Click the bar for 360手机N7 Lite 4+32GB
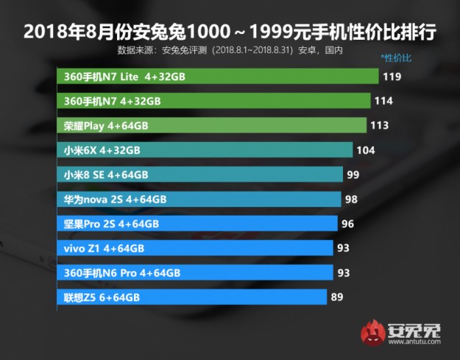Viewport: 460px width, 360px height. (x=217, y=76)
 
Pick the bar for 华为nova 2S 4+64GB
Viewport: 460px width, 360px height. (x=199, y=199)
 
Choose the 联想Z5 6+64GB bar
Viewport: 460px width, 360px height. (x=191, y=297)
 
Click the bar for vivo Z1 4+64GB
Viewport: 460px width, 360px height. (x=194, y=248)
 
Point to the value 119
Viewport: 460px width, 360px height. (x=392, y=76)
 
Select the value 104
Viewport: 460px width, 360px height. (x=366, y=150)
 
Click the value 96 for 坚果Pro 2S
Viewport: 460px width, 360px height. (x=349, y=224)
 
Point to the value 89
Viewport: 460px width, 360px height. (x=338, y=297)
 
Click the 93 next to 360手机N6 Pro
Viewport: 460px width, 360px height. (x=344, y=272)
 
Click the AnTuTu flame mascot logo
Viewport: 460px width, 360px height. (x=372, y=335)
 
